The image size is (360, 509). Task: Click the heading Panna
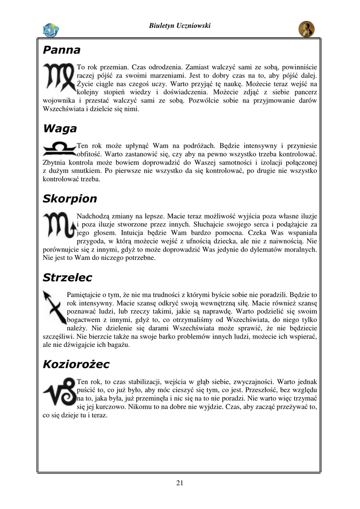point(61,50)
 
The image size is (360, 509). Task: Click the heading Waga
point(60,129)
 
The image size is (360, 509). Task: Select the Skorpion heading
point(70,199)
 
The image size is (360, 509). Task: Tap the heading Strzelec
point(67,277)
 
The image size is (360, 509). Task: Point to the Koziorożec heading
point(76,364)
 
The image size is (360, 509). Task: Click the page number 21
point(180,483)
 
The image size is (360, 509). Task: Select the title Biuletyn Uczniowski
point(180,26)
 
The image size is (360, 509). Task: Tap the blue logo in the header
point(51,30)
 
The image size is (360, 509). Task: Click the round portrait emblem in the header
point(306,29)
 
